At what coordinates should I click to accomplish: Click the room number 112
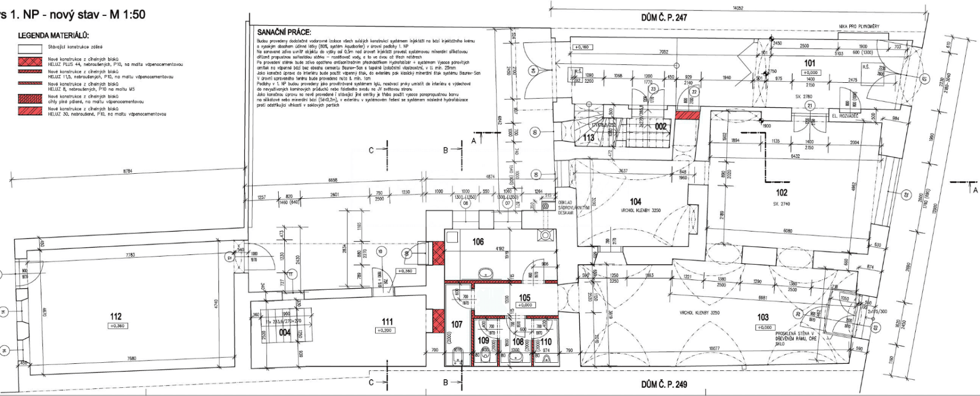pyautogui.click(x=115, y=316)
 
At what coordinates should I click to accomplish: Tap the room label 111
pyautogui.click(x=387, y=322)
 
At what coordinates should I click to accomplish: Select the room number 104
pyautogui.click(x=635, y=202)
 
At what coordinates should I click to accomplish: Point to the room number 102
pyautogui.click(x=782, y=193)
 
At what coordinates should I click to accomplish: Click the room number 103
pyautogui.click(x=763, y=317)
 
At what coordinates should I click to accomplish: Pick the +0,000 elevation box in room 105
pyautogui.click(x=525, y=305)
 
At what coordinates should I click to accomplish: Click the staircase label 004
pyautogui.click(x=285, y=332)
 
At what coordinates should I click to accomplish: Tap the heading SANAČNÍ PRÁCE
pyautogui.click(x=284, y=33)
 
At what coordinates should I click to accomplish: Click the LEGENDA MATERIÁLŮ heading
pyautogui.click(x=53, y=35)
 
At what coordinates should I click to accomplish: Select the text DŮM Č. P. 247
pyautogui.click(x=664, y=17)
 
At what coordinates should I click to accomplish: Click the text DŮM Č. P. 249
pyautogui.click(x=664, y=385)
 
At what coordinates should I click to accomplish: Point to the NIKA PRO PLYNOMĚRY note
pyautogui.click(x=859, y=26)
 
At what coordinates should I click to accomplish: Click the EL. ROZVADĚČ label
pyautogui.click(x=844, y=116)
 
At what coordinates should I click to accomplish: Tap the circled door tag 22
pyautogui.click(x=694, y=92)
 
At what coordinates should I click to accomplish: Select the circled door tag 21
pyautogui.click(x=810, y=106)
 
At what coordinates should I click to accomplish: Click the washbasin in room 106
pyautogui.click(x=485, y=274)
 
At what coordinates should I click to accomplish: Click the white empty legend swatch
pyautogui.click(x=29, y=48)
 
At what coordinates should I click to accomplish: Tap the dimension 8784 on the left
pyautogui.click(x=127, y=172)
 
